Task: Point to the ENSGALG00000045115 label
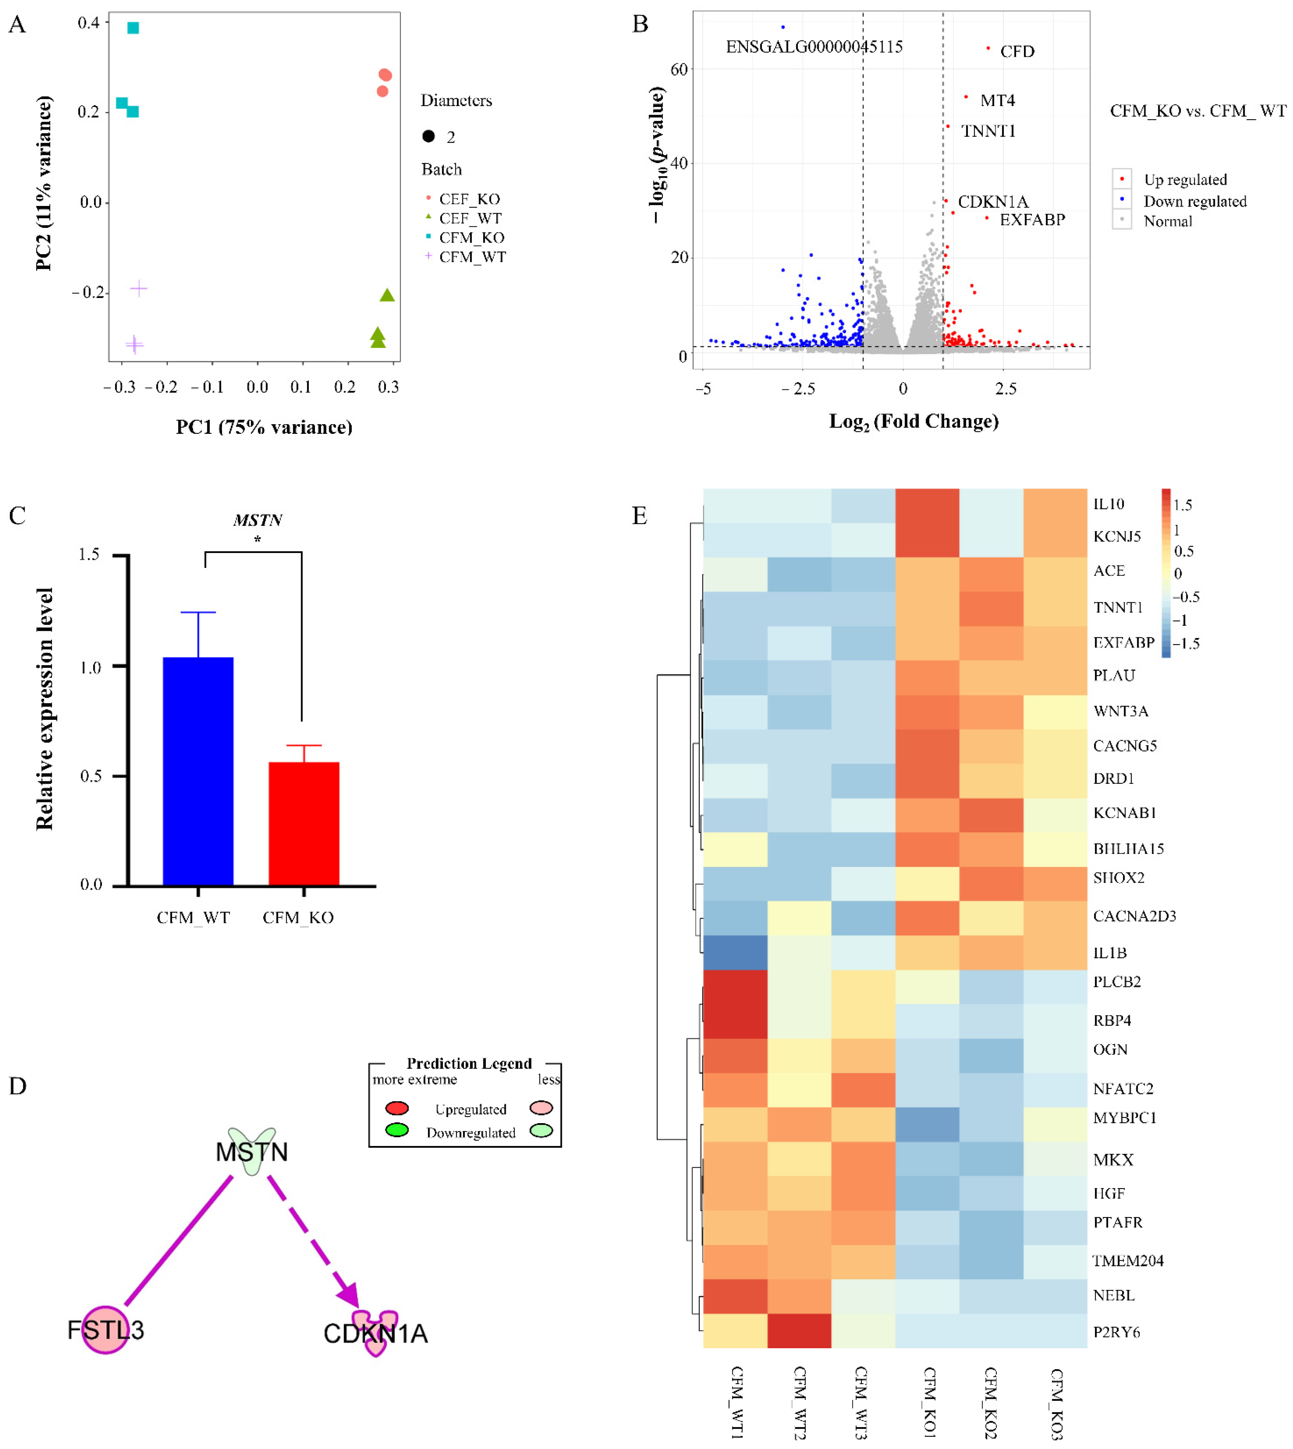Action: [x=814, y=47]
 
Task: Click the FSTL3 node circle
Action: [x=105, y=1329]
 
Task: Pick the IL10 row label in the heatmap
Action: [x=1108, y=504]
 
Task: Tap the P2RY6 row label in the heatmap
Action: [x=1116, y=1332]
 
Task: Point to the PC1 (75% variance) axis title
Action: [x=264, y=427]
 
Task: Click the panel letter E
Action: [x=639, y=516]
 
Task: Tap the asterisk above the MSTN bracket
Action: [x=257, y=539]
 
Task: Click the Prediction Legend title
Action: [x=469, y=1063]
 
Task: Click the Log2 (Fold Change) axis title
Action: [x=914, y=421]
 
